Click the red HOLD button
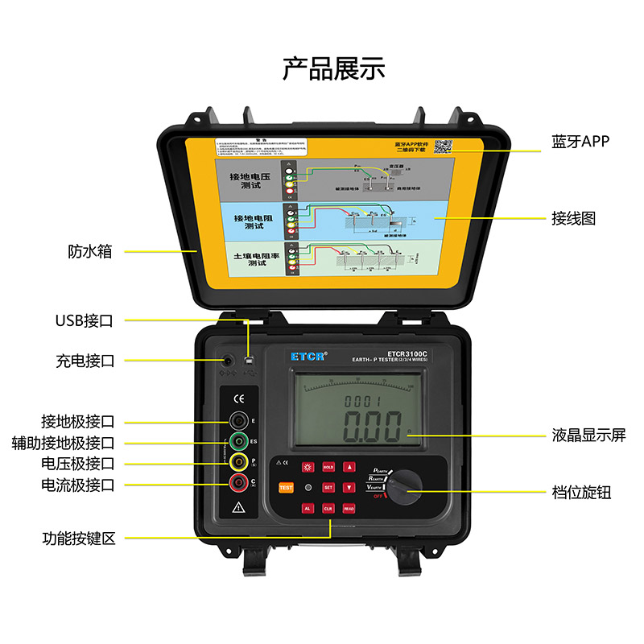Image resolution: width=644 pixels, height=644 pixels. tap(328, 467)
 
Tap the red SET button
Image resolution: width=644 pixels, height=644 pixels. tap(328, 488)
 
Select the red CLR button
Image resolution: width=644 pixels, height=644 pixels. tap(328, 509)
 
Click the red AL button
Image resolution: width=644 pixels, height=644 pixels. tap(308, 509)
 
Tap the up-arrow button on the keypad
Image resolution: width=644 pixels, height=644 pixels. tap(349, 467)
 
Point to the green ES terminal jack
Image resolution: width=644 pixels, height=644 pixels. tap(238, 440)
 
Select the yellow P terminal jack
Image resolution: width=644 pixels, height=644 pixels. tap(238, 461)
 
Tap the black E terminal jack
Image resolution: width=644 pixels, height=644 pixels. tap(238, 419)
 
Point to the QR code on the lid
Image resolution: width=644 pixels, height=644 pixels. tap(445, 148)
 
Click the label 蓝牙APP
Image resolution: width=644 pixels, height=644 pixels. tap(580, 142)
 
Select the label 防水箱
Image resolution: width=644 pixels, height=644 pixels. tap(89, 251)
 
